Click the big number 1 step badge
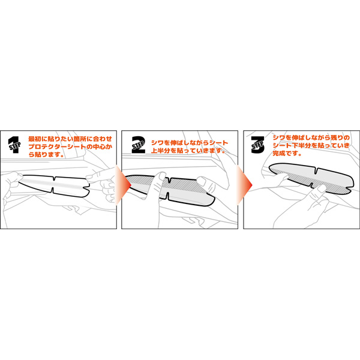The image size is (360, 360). (14, 145)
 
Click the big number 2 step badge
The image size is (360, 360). (138, 145)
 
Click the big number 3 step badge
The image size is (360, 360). (257, 145)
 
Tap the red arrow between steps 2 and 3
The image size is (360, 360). (244, 185)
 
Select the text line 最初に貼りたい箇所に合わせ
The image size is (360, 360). (70, 139)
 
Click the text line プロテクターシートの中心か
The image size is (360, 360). (70, 147)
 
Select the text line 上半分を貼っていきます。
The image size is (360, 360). (188, 151)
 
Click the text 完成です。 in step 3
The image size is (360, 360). (287, 154)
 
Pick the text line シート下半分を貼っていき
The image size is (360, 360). (311, 146)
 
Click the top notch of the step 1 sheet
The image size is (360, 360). (55, 178)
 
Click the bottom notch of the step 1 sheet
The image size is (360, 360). (52, 190)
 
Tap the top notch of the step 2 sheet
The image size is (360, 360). (170, 180)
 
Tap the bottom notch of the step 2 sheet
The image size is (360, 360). (167, 196)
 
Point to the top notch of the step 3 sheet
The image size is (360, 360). (317, 171)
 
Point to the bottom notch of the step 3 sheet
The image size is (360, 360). (311, 185)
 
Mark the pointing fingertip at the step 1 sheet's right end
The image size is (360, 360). (89, 177)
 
